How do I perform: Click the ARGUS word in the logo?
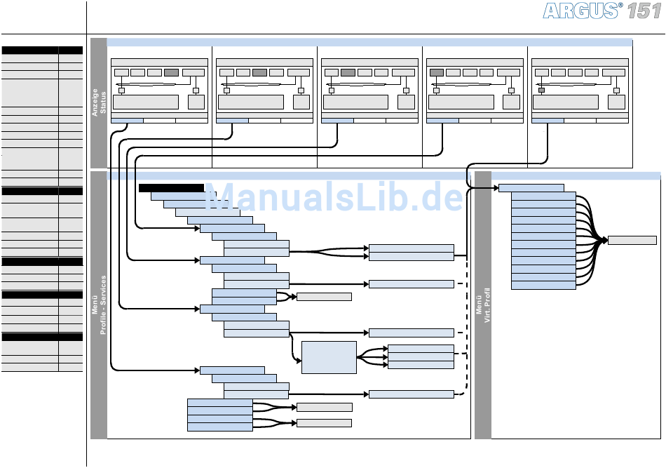coord(580,11)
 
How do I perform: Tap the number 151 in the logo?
coord(644,11)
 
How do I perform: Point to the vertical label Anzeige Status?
coord(99,102)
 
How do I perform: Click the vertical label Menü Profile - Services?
coord(99,305)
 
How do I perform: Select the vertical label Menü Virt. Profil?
coord(483,305)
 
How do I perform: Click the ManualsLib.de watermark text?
coord(334,196)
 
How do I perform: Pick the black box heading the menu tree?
coord(171,188)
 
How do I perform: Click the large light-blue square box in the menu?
coord(329,357)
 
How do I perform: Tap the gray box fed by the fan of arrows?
coord(632,240)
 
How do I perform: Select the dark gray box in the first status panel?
coord(171,73)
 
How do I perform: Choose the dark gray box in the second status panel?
coord(259,73)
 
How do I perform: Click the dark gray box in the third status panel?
coord(348,73)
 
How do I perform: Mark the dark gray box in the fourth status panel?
coord(437,73)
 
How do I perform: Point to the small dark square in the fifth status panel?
coord(541,91)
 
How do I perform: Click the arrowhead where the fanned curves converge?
coord(605,241)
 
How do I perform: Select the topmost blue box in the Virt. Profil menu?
coord(531,188)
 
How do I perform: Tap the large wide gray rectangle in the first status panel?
coord(146,102)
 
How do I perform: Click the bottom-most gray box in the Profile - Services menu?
coord(324,423)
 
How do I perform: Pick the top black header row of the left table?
coord(42,50)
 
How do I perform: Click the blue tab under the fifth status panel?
coord(548,121)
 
